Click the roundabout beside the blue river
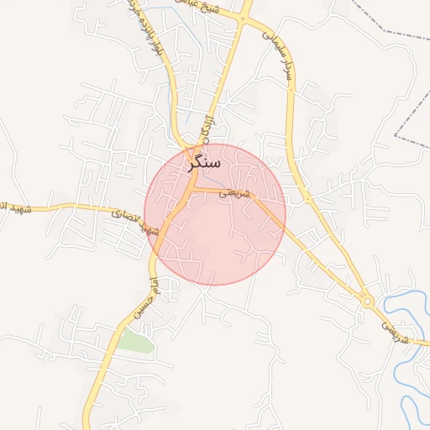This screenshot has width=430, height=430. click(x=367, y=300)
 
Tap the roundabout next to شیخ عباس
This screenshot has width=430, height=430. click(x=244, y=18)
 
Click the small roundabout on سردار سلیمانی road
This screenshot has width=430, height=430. click(x=308, y=198)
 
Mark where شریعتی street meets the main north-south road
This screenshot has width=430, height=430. click(x=191, y=190)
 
